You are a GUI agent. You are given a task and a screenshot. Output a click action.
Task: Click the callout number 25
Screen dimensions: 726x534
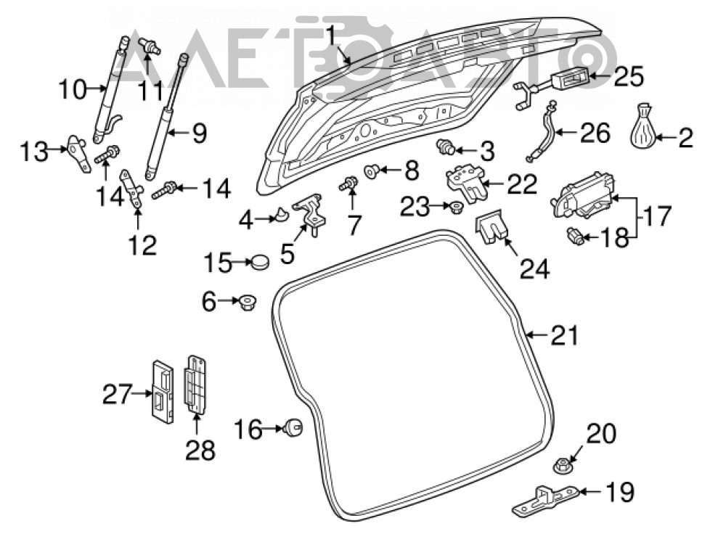(x=628, y=76)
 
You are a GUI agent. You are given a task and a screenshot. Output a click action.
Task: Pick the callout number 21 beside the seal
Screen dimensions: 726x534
(x=565, y=335)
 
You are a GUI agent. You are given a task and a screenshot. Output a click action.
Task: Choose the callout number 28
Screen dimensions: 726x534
(x=200, y=451)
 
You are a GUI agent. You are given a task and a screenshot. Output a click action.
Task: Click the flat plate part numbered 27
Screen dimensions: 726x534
(x=163, y=392)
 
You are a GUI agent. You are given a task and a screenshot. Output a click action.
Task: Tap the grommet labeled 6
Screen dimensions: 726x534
(x=247, y=303)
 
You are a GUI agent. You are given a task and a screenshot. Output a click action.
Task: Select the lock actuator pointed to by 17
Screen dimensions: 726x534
(x=582, y=195)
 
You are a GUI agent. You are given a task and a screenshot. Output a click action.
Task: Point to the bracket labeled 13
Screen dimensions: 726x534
(x=78, y=152)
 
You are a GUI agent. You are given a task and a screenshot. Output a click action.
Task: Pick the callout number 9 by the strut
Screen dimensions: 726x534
(x=199, y=133)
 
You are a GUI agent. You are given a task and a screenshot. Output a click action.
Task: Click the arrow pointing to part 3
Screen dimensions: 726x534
(x=465, y=149)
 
